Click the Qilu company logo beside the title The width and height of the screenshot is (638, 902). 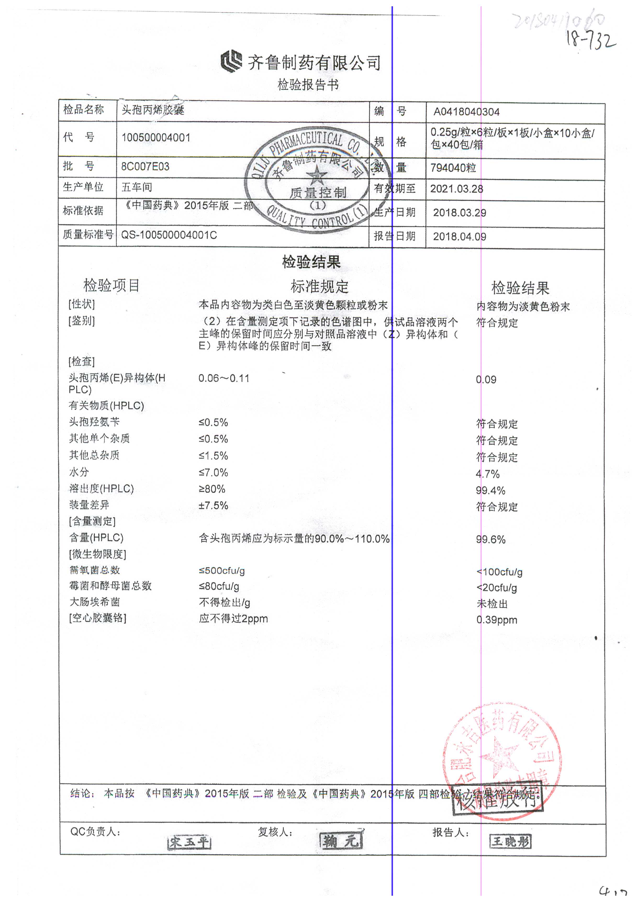231,62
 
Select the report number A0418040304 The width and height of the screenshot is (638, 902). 466,112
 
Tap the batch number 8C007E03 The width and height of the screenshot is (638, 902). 145,167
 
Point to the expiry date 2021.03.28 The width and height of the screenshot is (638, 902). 456,189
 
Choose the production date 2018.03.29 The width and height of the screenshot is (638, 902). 459,213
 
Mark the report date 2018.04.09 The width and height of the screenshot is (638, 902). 459,237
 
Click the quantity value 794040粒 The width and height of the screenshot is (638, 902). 453,168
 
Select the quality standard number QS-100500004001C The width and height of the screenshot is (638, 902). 169,235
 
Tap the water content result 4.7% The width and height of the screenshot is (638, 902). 488,474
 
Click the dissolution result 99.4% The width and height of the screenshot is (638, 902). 490,491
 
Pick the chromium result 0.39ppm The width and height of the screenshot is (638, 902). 497,620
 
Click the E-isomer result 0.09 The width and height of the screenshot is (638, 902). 486,380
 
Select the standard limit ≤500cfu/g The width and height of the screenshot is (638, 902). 222,571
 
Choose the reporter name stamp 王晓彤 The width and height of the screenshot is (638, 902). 510,841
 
